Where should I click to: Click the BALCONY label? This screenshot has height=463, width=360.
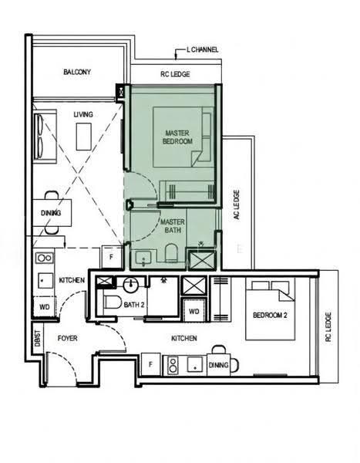click(x=77, y=72)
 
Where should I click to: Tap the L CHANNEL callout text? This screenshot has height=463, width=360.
click(x=203, y=49)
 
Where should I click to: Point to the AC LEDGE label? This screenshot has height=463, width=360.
click(x=237, y=204)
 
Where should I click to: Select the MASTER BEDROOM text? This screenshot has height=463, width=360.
click(x=177, y=137)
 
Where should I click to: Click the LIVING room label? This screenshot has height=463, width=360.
click(x=83, y=114)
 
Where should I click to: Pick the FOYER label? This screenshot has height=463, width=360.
click(x=68, y=338)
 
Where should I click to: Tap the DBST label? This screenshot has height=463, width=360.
click(x=38, y=338)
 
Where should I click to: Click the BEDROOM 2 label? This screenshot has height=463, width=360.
click(x=270, y=316)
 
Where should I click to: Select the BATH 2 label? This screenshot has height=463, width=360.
click(x=134, y=305)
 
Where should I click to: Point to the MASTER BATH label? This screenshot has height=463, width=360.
click(x=173, y=226)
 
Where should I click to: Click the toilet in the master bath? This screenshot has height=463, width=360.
click(x=172, y=253)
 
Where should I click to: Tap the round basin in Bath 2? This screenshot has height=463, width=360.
click(x=131, y=285)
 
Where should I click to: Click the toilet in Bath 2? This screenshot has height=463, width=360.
click(x=113, y=302)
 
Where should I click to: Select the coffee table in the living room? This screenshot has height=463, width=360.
click(x=84, y=137)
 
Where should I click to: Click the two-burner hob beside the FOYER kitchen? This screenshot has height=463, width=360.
click(x=45, y=258)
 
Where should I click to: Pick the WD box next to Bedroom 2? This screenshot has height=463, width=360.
click(x=193, y=311)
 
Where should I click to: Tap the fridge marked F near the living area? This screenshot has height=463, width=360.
click(x=112, y=257)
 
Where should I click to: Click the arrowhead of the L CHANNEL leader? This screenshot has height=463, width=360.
click(x=177, y=58)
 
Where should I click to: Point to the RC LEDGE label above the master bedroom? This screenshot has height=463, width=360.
click(x=175, y=74)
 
